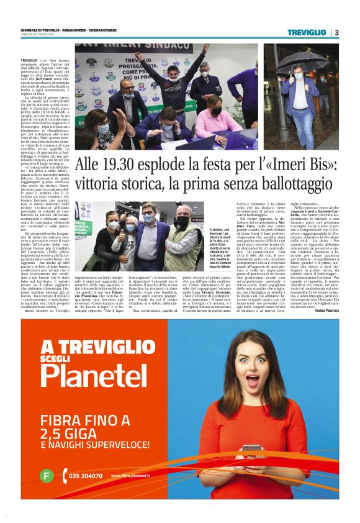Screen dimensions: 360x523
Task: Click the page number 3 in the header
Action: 336,32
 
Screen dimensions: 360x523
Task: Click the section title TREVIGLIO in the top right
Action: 307,32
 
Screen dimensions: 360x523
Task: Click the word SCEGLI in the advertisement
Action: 58,357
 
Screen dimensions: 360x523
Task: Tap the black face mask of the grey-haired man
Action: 181,221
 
